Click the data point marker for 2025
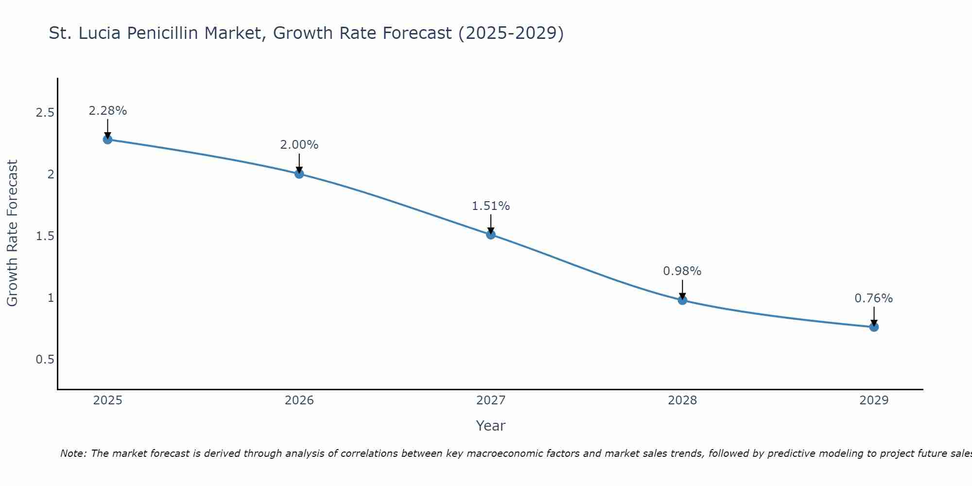107,139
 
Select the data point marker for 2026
299,174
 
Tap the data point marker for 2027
491,235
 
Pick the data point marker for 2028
682,300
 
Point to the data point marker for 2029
874,327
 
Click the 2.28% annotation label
107,111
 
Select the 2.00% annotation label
299,145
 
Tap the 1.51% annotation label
491,206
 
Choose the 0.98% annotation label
682,271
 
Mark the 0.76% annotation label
874,298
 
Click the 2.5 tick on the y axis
45,113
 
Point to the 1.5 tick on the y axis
45,236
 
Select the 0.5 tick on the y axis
45,360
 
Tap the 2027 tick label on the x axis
491,400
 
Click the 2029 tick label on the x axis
874,400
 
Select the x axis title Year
491,426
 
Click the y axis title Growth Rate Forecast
12,233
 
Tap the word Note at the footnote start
73,453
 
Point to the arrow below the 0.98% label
682,290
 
